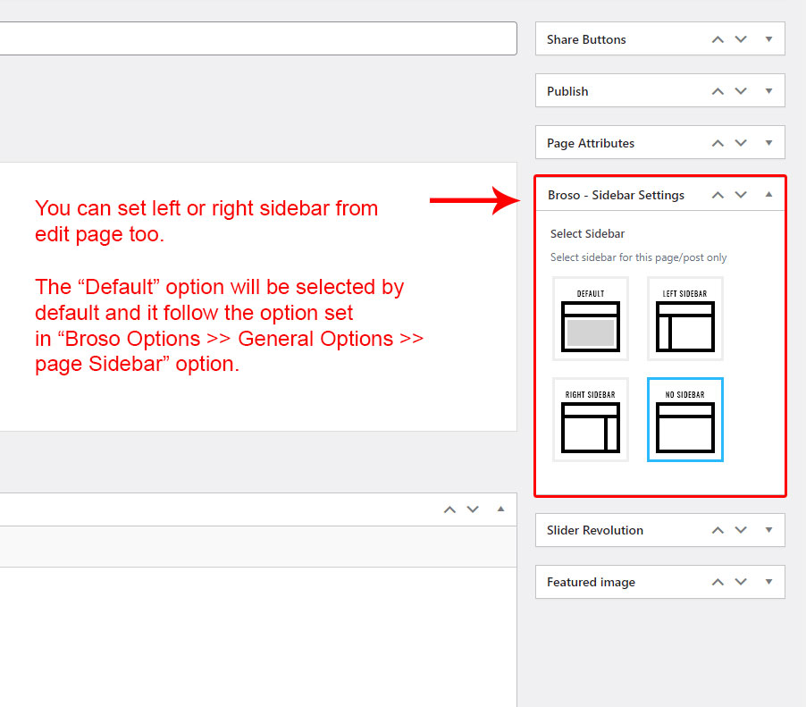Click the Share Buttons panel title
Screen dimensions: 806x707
586,39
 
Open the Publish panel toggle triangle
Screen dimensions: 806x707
769,91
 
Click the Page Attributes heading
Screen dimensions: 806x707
591,144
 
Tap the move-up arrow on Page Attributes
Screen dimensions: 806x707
718,143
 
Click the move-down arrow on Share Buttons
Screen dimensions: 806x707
741,39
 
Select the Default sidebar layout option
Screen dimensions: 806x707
591,319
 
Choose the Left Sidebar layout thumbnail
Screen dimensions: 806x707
685,319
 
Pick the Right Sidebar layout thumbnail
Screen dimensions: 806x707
591,419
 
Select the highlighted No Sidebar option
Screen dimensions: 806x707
685,419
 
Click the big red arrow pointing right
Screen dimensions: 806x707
475,200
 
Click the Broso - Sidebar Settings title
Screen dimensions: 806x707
616,196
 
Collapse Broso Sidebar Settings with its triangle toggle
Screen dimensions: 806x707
769,194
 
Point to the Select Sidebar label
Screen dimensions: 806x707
588,234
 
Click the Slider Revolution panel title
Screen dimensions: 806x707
595,530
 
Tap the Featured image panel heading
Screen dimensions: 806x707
592,582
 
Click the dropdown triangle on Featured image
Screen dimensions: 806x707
769,582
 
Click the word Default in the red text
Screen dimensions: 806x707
119,287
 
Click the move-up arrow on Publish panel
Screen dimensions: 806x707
718,91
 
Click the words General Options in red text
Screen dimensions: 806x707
315,339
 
